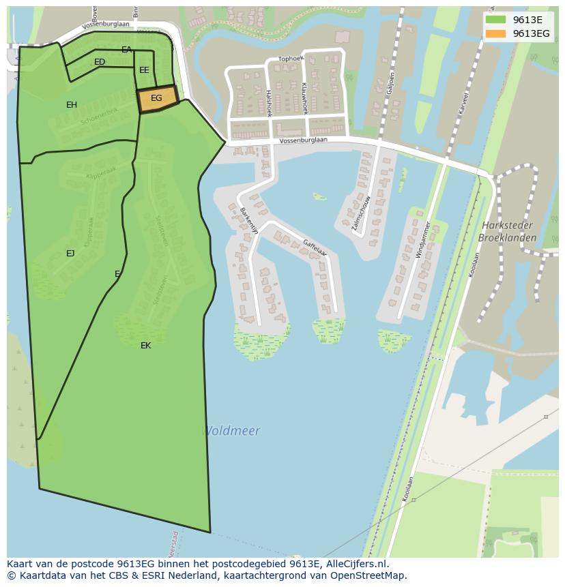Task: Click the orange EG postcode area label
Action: point(156,98)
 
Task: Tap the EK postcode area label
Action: point(145,346)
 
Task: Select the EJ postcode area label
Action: point(70,254)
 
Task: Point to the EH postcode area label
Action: point(72,105)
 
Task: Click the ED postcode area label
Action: point(100,62)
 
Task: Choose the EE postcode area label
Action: point(144,70)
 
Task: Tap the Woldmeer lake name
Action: point(231,431)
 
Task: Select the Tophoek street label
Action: point(291,59)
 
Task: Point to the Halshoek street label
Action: point(269,103)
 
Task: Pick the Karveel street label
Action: point(464,102)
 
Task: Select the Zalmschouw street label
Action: point(361,214)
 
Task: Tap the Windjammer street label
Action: point(423,239)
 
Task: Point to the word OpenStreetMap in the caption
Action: point(368,575)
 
